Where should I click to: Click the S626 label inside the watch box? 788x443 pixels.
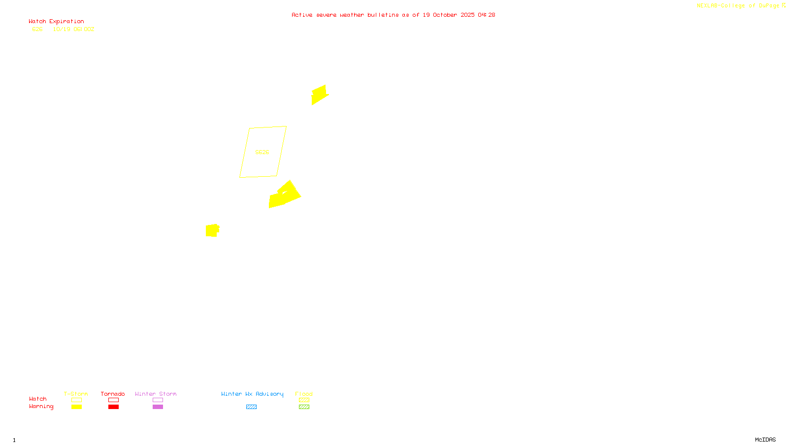click(x=262, y=152)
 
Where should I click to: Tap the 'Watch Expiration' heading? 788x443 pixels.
click(x=56, y=22)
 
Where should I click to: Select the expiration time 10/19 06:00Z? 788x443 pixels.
click(x=73, y=30)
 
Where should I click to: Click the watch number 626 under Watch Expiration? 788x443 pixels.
click(x=37, y=30)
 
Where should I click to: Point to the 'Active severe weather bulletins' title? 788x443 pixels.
click(x=393, y=15)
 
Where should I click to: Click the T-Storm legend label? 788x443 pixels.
click(x=76, y=394)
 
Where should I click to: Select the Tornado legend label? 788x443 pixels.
click(x=113, y=394)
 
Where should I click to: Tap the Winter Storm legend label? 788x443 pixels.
click(x=156, y=394)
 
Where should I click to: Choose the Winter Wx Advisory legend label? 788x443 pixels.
click(x=252, y=394)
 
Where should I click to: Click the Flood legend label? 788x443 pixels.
click(x=304, y=394)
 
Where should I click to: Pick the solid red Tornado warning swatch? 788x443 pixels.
click(x=113, y=407)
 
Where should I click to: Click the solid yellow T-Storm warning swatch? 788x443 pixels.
click(x=76, y=407)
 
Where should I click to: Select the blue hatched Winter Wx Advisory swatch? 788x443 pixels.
click(x=251, y=407)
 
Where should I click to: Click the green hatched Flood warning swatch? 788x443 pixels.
click(x=304, y=407)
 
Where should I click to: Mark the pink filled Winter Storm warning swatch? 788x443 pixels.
click(x=158, y=407)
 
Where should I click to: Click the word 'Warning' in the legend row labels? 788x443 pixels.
click(x=41, y=407)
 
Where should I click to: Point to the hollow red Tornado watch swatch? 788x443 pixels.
click(x=113, y=400)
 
